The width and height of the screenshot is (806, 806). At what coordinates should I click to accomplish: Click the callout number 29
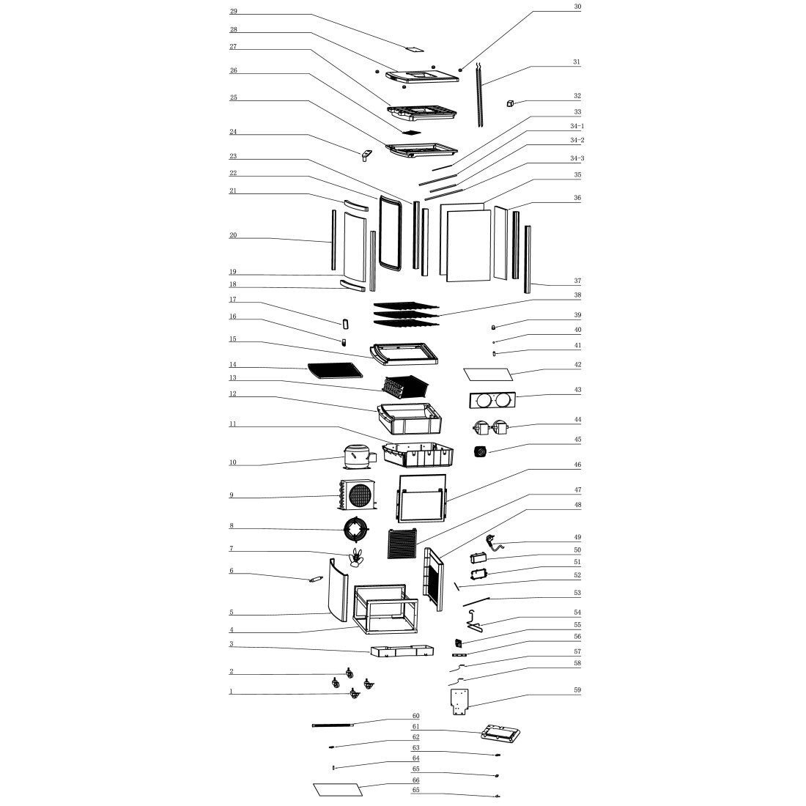234,12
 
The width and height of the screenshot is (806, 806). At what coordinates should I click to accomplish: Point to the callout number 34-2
577,140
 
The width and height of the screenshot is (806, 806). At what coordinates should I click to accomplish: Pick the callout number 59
577,690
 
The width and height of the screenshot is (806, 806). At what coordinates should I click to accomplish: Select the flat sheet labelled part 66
338,790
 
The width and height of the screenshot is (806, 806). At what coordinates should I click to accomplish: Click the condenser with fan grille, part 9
358,495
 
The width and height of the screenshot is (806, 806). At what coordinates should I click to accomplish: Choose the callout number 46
577,465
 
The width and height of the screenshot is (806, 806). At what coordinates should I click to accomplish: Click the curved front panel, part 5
338,593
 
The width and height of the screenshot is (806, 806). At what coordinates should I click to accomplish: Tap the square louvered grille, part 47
402,544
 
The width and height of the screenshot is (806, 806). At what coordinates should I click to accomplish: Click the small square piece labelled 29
415,50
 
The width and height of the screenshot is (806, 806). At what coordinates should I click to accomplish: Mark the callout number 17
233,300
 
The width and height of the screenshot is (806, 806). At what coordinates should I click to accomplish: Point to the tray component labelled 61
502,732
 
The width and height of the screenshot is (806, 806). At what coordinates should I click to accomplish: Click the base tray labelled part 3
399,651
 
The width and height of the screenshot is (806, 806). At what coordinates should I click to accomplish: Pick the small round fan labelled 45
480,452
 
